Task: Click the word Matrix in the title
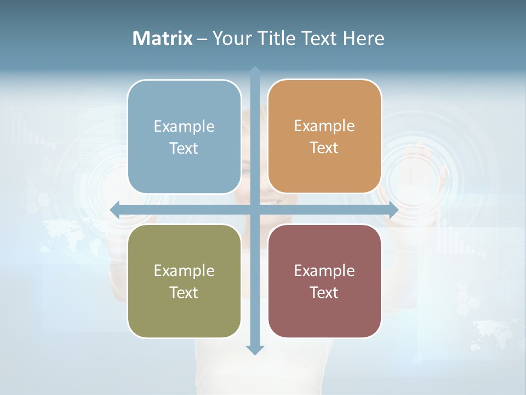pos(163,38)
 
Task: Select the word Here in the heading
pos(363,38)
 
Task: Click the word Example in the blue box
pos(184,127)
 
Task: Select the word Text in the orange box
pos(324,148)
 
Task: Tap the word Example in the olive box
pos(184,271)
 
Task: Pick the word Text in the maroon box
pos(324,293)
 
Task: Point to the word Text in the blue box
pos(184,149)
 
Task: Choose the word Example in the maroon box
pos(324,271)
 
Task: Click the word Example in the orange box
pos(324,126)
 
